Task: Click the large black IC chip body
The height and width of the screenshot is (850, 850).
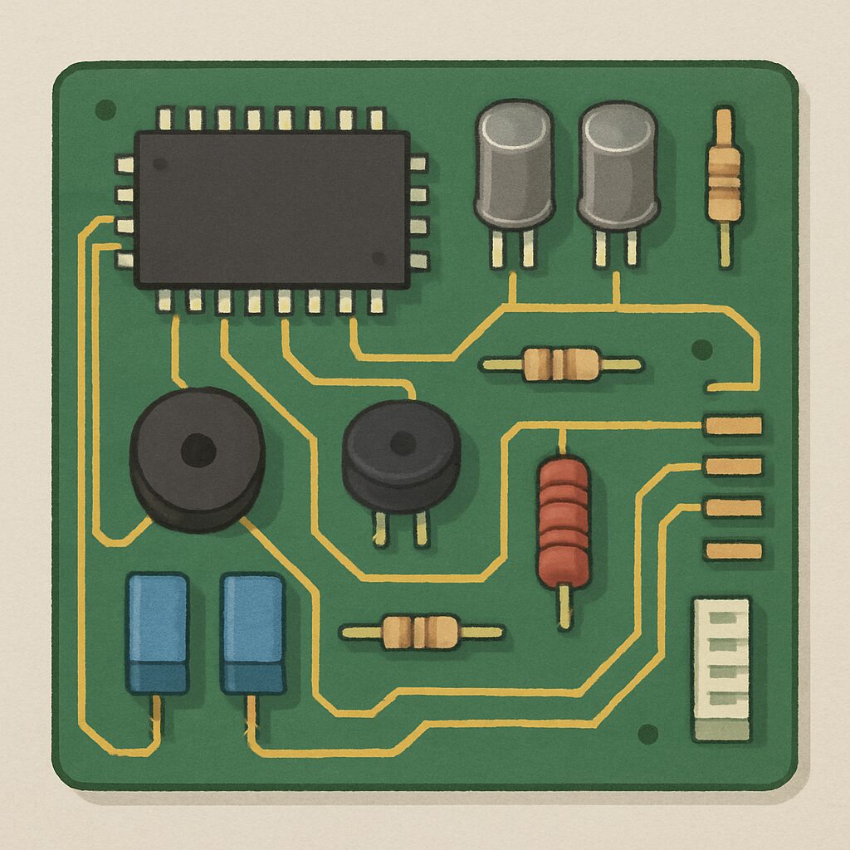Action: click(x=271, y=209)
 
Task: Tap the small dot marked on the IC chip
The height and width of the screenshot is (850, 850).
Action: click(x=379, y=257)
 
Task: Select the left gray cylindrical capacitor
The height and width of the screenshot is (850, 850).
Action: click(x=514, y=166)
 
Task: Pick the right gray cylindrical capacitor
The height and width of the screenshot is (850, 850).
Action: click(x=618, y=166)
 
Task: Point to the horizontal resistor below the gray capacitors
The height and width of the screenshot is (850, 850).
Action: click(x=561, y=364)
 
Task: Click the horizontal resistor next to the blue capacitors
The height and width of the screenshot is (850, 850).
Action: click(x=421, y=632)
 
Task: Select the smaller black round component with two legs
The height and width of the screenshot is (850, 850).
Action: click(x=401, y=457)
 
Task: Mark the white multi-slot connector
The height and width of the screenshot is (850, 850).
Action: click(x=721, y=668)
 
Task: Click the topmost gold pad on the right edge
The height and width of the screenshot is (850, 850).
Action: click(x=732, y=425)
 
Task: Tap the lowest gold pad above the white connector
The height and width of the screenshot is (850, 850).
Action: click(x=732, y=550)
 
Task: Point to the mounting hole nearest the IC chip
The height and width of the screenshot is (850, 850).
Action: click(x=105, y=109)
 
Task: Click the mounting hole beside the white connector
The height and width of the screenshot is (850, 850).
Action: click(x=647, y=734)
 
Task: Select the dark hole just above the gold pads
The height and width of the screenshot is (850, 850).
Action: click(x=701, y=348)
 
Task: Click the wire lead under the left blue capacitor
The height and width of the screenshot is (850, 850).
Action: click(x=155, y=719)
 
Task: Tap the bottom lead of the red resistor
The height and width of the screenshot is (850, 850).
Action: click(x=564, y=606)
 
